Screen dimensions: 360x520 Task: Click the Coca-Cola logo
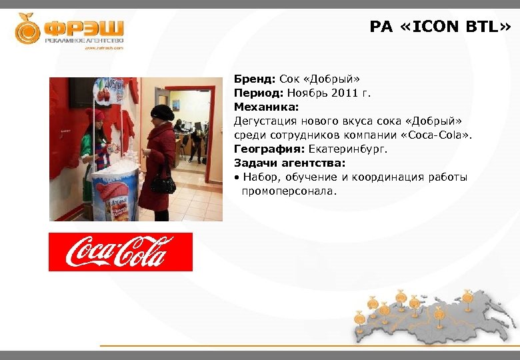[x=120, y=252]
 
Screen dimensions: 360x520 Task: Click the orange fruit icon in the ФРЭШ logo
[x=27, y=29]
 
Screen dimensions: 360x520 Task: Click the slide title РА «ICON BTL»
[x=441, y=27]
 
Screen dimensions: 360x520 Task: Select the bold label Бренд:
[x=250, y=79]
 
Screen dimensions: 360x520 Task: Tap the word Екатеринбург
[x=347, y=149]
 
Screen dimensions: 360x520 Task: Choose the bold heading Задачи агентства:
[x=289, y=163]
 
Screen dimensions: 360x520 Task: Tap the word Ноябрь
[x=306, y=93]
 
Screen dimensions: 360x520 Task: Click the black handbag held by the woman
[x=162, y=181]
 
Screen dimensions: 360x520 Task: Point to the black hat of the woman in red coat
[x=162, y=111]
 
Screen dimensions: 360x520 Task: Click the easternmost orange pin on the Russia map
[x=467, y=294]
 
